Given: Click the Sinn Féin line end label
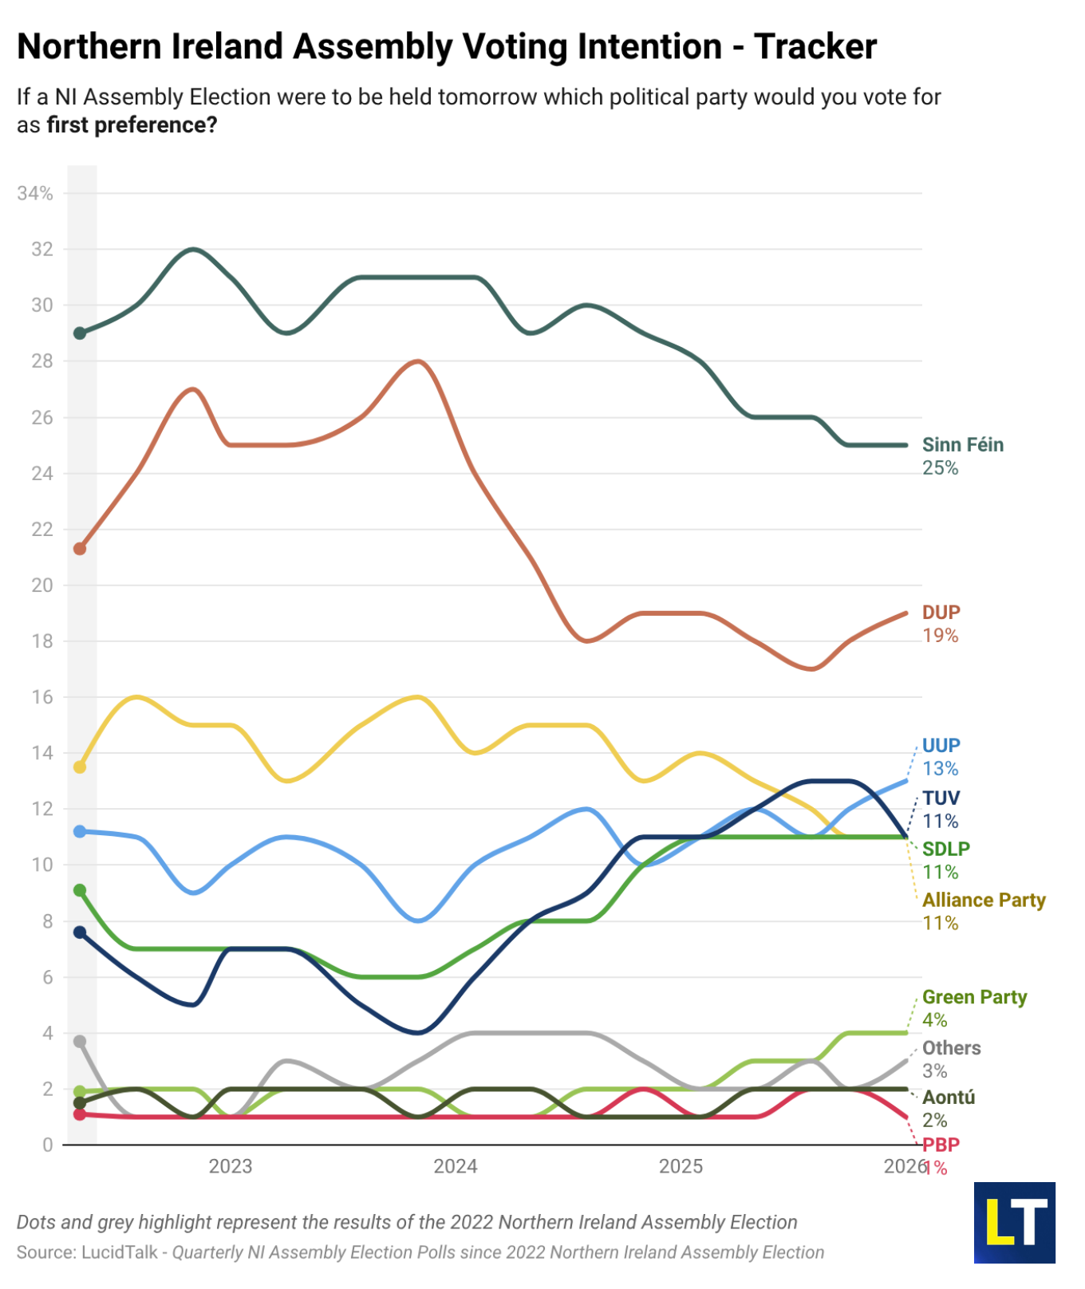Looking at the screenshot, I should tap(962, 445).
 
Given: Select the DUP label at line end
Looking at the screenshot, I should tap(941, 613).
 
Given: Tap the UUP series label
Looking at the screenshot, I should tap(941, 746).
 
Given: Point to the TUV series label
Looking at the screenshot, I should tap(941, 798).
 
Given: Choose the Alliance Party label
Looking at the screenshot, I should tap(983, 901).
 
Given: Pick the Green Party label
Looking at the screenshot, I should tap(974, 998).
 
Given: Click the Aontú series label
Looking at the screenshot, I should tap(949, 1098).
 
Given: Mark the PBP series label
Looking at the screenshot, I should tap(941, 1145).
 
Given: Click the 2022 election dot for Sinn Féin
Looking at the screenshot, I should tap(80, 333).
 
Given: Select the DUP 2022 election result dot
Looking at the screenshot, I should tap(80, 549).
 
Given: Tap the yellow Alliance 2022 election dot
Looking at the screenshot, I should tap(80, 767).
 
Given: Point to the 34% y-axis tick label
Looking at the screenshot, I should tap(35, 194).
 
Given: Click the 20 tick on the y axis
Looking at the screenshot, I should tap(41, 585).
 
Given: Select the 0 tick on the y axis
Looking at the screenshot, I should tap(48, 1145).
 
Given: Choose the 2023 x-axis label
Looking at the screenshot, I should tap(230, 1167).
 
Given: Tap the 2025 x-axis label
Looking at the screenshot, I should tap(681, 1167).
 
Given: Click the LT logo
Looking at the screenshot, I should tap(1014, 1223).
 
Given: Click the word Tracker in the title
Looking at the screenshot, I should tap(815, 47).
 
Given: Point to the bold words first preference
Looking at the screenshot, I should tap(132, 126).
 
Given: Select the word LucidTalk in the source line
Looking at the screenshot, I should tap(120, 1253).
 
